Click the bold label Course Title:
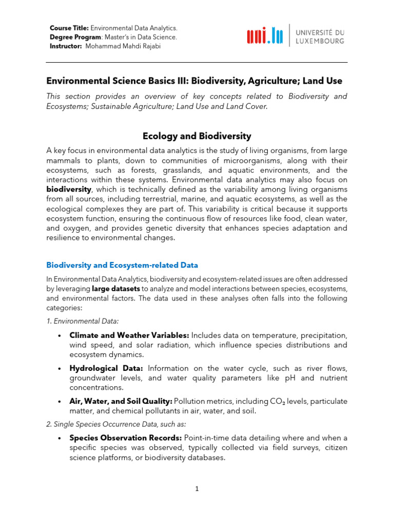point(69,28)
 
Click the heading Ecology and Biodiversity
point(196,136)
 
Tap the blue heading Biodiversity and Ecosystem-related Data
point(122,265)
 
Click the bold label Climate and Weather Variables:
point(129,335)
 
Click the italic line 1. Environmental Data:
point(83,321)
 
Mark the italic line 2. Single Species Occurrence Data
point(116,424)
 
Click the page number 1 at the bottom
point(196,489)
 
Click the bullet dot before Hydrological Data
point(60,369)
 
